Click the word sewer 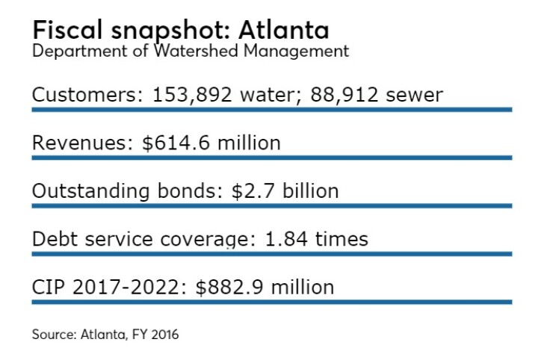416,95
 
